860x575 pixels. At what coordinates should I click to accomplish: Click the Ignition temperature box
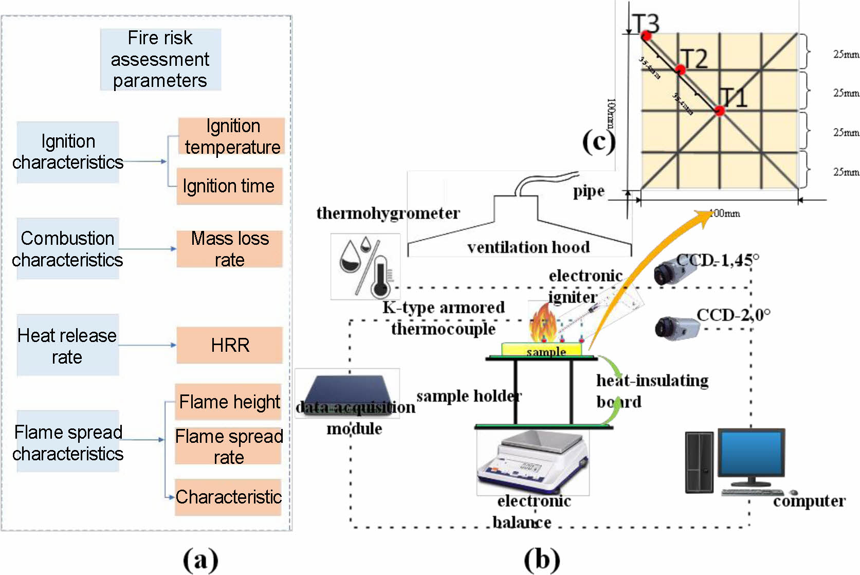point(231,136)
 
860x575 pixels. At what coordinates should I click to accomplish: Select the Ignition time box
point(229,186)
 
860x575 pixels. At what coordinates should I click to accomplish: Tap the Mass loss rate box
point(229,249)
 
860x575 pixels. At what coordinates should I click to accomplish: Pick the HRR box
point(229,345)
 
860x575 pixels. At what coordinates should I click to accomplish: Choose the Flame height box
point(229,402)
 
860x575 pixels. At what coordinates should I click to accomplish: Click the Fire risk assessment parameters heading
point(160,60)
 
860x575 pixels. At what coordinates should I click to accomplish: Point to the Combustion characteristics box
point(68,249)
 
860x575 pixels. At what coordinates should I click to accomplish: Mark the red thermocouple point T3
point(646,36)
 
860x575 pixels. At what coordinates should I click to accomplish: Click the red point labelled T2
point(681,70)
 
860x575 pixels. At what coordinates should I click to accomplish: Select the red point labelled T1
point(719,111)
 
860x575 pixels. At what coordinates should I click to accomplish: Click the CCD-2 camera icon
point(676,328)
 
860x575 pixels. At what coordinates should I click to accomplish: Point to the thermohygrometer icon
point(365,266)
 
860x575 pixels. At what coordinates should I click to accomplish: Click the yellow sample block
point(542,350)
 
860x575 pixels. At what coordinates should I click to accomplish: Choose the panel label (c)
point(598,141)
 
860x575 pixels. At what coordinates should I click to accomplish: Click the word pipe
point(589,191)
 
